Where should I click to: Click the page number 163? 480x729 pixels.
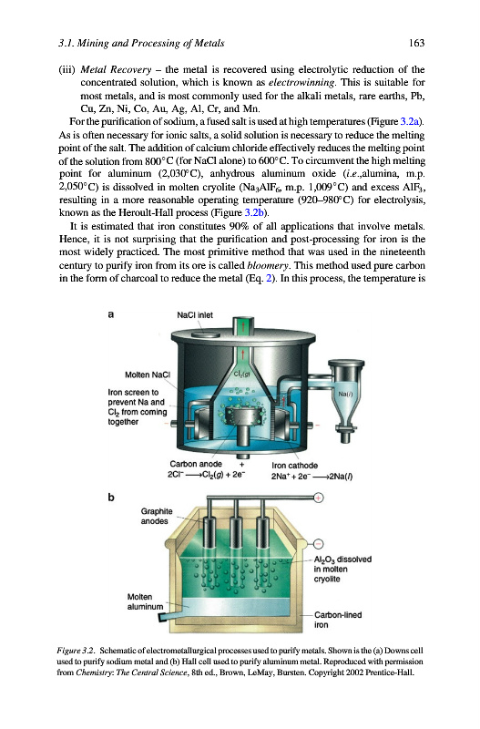coord(417,43)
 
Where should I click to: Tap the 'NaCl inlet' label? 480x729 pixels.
coord(195,314)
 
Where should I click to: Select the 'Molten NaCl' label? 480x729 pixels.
coord(148,375)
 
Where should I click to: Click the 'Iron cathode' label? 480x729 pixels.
coord(294,466)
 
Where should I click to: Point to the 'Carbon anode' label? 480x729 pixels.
coord(196,464)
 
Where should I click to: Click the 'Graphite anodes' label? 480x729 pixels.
coord(156,516)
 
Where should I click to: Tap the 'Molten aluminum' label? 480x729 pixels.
coord(145,601)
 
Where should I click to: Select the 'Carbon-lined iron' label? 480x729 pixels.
coord(338,620)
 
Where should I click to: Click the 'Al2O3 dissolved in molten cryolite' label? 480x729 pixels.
coord(342,569)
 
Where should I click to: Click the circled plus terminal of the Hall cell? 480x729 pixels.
coord(318,498)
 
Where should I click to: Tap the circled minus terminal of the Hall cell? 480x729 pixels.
coord(318,543)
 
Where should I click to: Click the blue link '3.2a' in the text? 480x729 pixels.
coord(410,122)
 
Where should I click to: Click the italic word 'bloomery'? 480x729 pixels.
coord(268,265)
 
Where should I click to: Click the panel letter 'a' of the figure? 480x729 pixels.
coord(110,314)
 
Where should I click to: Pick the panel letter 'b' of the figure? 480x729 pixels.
coord(110,497)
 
